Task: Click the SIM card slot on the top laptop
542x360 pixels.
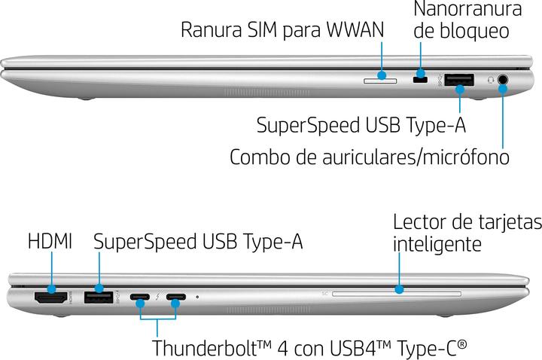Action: pos(381,77)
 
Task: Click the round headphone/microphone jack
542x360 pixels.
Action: pos(503,78)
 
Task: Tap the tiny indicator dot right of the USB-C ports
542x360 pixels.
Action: pos(197,297)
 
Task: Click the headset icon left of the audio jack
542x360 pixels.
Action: pos(490,78)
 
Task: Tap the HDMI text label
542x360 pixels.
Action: pos(50,242)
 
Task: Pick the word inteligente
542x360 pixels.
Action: pos(437,245)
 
